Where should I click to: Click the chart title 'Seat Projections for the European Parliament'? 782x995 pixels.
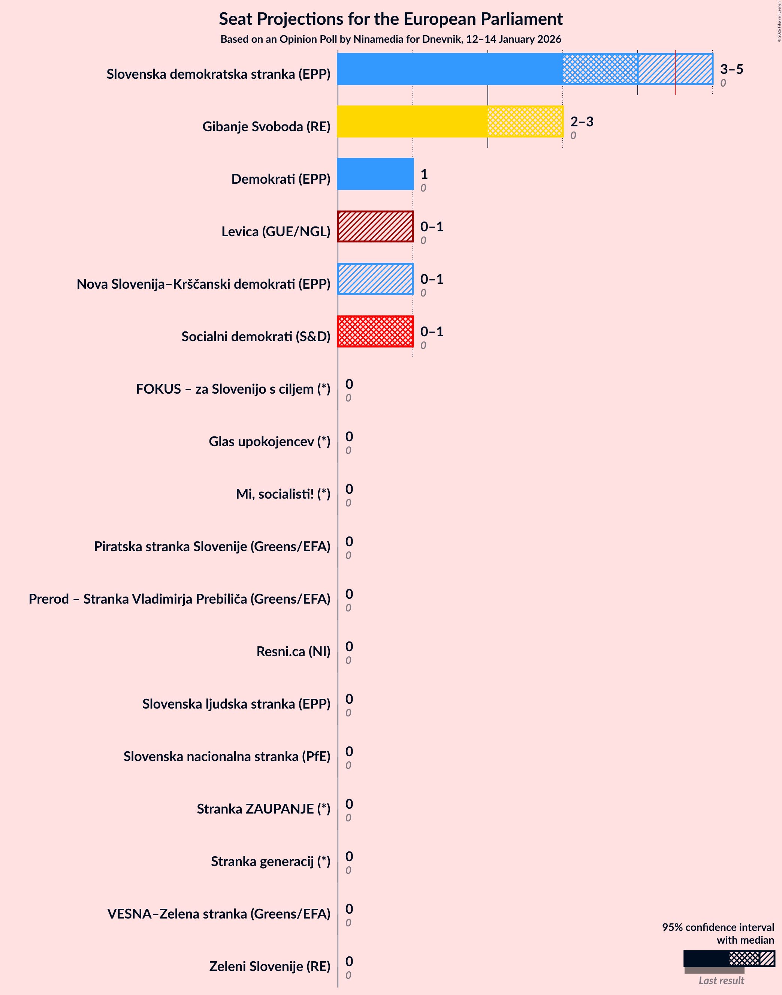coord(390,19)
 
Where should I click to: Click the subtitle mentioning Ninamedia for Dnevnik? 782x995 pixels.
coord(390,39)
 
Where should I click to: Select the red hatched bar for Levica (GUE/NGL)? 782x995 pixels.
coord(375,226)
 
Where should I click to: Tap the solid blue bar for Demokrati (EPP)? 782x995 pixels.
coord(375,174)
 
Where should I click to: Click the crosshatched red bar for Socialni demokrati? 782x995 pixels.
coord(375,331)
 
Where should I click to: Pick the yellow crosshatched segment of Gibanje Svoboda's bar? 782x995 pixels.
coord(525,121)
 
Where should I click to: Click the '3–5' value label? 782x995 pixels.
coord(731,69)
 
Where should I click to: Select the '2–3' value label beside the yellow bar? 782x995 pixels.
coord(582,121)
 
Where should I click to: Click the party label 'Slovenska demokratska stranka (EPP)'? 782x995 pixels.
coord(218,74)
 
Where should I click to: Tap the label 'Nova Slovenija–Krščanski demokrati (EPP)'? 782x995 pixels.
coord(203,284)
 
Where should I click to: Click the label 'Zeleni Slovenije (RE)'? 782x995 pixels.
coord(270,966)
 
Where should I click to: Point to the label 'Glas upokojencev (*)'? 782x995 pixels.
coord(269,442)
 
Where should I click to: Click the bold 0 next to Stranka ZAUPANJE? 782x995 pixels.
coord(349,804)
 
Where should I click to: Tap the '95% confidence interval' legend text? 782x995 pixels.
coord(718,927)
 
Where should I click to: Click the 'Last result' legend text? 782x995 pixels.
coord(721,980)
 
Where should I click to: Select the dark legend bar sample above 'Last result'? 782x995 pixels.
coord(706,958)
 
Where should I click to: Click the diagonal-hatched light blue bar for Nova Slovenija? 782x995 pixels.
coord(375,279)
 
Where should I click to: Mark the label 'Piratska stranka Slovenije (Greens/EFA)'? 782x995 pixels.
coord(212,547)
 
